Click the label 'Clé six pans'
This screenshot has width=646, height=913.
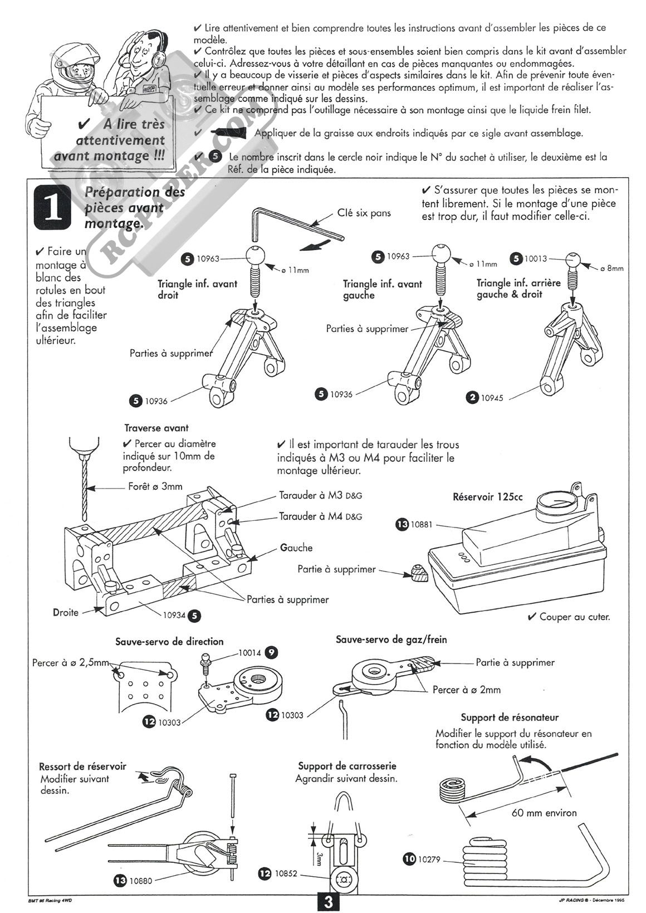point(364,213)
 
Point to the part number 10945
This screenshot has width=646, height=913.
point(494,397)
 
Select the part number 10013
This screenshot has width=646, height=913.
point(536,258)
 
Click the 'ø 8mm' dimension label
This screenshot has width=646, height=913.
point(611,268)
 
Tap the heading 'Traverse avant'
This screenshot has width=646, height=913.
point(156,428)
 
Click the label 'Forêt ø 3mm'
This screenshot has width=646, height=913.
point(155,486)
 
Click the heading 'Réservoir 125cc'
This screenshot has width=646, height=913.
point(487,497)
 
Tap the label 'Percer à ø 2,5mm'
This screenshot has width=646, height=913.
point(71,663)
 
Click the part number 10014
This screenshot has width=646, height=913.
point(250,652)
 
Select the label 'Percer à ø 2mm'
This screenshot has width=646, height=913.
point(467,690)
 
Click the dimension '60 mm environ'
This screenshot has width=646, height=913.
point(544,813)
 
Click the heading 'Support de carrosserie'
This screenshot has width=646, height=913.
point(347,766)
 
